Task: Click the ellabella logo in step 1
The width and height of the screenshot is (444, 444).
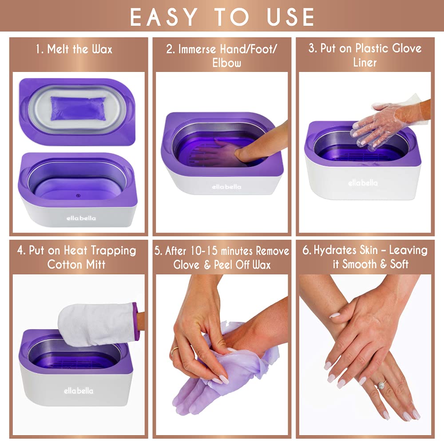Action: (81, 218)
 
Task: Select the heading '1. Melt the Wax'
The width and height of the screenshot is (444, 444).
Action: (74, 49)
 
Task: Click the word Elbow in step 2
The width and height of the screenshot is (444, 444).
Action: (226, 63)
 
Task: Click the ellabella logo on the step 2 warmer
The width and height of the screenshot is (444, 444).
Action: (226, 186)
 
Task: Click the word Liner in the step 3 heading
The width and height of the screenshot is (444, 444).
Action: (365, 63)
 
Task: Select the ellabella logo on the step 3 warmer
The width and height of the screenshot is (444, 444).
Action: (363, 182)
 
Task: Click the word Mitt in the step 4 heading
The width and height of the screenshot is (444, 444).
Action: (94, 265)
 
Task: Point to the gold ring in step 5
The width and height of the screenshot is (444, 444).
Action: (174, 351)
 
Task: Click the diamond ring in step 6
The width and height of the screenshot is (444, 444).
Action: (381, 385)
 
